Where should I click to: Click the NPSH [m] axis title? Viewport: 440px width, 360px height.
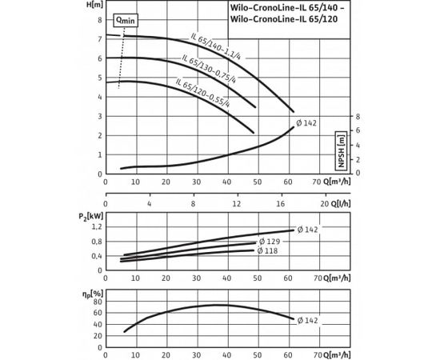click(x=340, y=146)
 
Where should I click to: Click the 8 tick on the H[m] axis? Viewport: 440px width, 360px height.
click(x=100, y=19)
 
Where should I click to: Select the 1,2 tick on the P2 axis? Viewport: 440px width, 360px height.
click(x=97, y=227)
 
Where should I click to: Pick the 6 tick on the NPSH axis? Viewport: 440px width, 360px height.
click(x=358, y=130)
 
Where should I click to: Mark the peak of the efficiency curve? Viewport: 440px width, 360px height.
click(x=218, y=305)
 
